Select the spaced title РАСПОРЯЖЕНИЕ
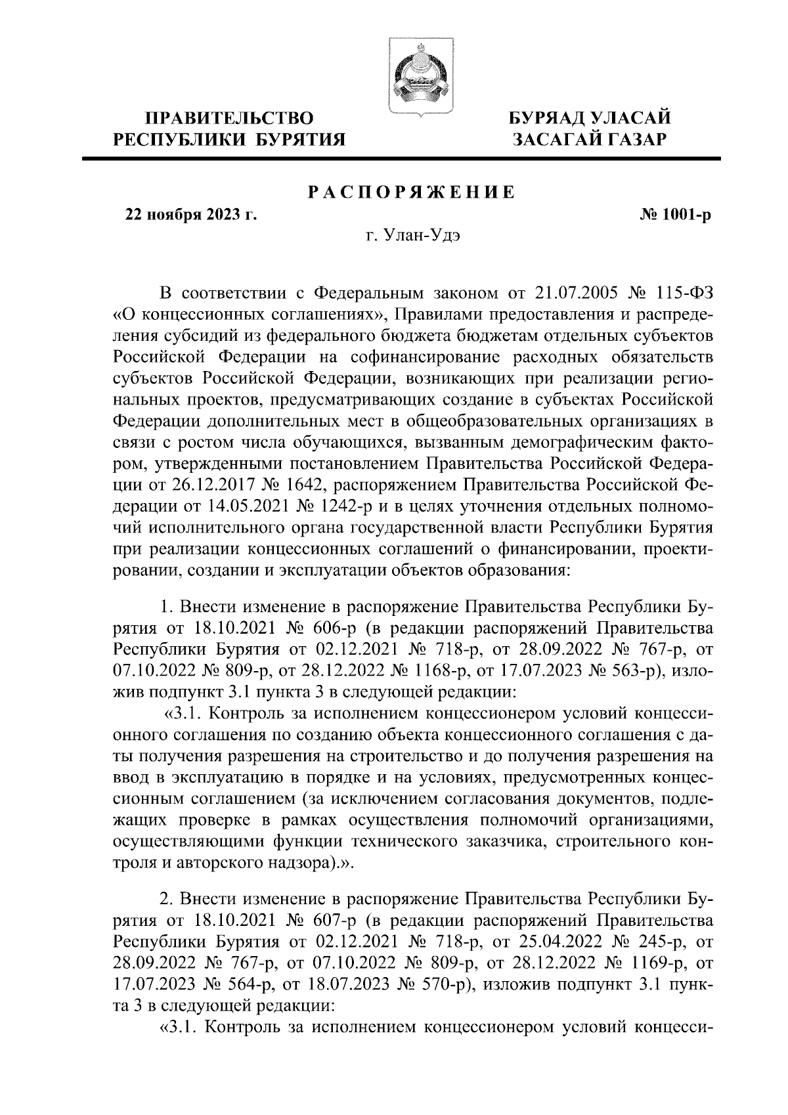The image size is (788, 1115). (411, 192)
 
